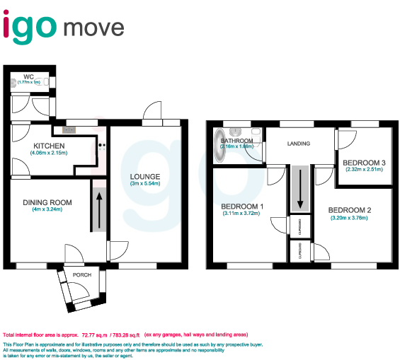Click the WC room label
[28, 76]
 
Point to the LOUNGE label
[144, 176]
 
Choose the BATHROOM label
[236, 141]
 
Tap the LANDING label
[299, 144]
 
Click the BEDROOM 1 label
[242, 207]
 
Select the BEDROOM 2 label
[349, 210]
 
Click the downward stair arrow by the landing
[300, 190]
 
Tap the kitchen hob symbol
[101, 146]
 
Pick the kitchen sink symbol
[69, 129]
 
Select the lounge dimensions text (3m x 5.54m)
[144, 184]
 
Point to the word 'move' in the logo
[93, 28]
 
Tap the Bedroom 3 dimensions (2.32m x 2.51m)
[365, 170]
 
